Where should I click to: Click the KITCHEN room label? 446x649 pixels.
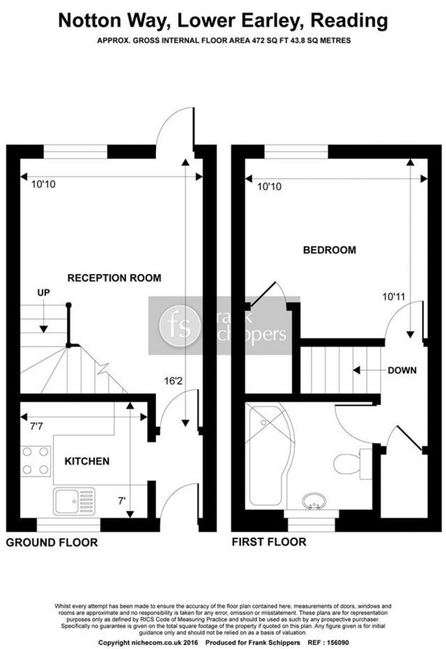point(87,461)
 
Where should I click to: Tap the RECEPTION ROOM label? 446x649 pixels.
point(114,278)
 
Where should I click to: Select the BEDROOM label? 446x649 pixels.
point(329,250)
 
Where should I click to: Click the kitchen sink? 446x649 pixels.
point(74,501)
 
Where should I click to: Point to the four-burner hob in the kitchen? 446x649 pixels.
point(35,460)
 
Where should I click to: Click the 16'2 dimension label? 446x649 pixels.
point(173,381)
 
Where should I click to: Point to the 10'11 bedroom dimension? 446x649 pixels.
point(394,297)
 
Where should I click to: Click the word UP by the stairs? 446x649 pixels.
point(44,293)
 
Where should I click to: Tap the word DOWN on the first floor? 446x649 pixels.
point(402,370)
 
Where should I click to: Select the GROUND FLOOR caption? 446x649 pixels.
point(52,542)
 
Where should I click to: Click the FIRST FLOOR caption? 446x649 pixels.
point(269,542)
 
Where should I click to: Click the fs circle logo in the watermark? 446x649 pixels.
point(180,326)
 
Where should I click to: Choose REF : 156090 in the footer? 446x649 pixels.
point(329,643)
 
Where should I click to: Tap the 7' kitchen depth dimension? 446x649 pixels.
point(122,501)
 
